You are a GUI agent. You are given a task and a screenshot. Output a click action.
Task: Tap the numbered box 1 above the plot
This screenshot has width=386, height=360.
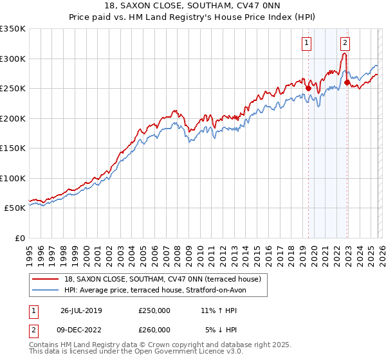pyautogui.click(x=306, y=43)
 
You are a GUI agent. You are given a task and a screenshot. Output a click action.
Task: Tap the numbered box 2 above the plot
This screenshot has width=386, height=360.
pyautogui.click(x=345, y=43)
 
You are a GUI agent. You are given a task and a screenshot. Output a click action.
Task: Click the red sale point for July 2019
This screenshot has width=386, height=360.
pyautogui.click(x=308, y=89)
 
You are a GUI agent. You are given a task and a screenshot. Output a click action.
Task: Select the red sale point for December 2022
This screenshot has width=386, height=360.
pyautogui.click(x=347, y=82)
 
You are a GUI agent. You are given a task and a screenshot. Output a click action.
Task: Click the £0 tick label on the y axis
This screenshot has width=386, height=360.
pyautogui.click(x=19, y=238)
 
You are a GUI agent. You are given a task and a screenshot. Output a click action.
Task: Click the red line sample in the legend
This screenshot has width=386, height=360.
pyautogui.click(x=46, y=280)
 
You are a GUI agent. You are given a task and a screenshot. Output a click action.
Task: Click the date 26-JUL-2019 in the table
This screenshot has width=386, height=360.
pyautogui.click(x=81, y=310)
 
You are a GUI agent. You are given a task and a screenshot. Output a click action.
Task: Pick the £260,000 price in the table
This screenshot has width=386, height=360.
pyautogui.click(x=154, y=330)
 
